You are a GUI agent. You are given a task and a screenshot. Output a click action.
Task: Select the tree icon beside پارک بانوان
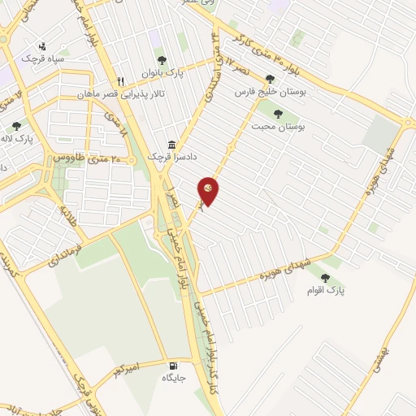click(x=162, y=60)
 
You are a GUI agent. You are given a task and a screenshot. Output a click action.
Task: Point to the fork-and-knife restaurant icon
click(x=121, y=82)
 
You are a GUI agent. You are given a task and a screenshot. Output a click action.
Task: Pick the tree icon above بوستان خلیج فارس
click(x=271, y=80)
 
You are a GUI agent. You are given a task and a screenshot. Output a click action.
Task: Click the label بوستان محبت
click(x=275, y=127)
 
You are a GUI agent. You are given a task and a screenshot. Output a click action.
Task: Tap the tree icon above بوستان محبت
click(x=279, y=114)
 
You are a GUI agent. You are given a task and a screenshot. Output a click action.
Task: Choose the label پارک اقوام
click(x=327, y=289)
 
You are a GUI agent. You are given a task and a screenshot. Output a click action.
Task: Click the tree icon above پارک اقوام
click(x=326, y=277)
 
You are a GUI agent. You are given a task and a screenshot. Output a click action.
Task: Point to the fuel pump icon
click(x=173, y=365)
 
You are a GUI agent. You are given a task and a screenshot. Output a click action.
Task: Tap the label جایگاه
click(x=174, y=378)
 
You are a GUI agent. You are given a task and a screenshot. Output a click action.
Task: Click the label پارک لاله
click(x=39, y=139)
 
